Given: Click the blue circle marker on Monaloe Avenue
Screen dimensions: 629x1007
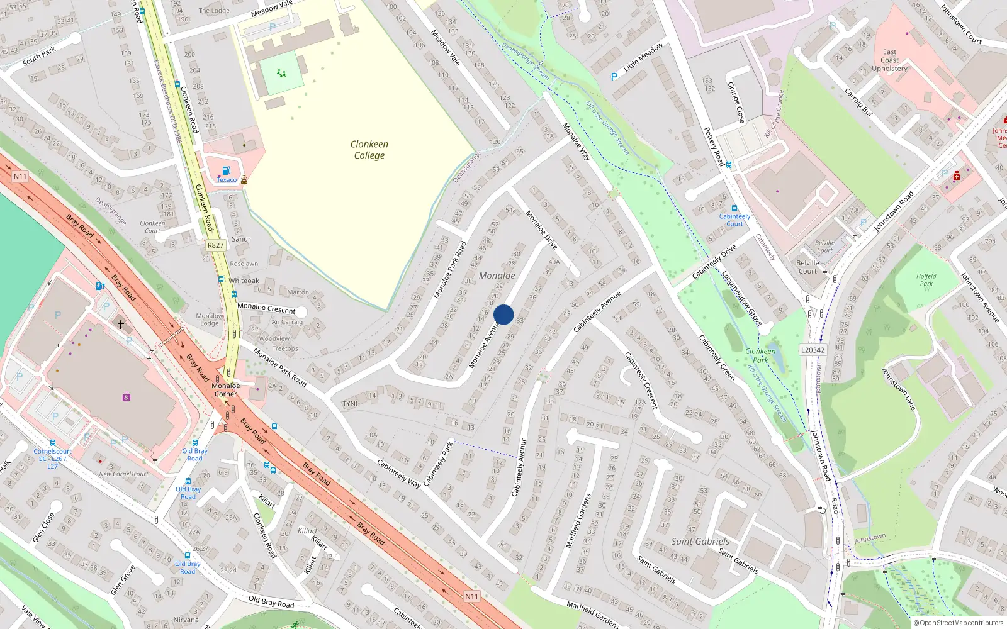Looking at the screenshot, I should [503, 314].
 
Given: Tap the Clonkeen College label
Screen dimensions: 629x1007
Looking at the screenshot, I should [369, 150].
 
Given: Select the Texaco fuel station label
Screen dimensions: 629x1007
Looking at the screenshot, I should [227, 180].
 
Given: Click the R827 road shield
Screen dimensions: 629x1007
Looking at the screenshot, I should [215, 245].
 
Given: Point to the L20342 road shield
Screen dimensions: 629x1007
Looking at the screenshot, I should [813, 350].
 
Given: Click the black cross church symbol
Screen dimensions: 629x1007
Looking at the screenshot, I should [121, 325].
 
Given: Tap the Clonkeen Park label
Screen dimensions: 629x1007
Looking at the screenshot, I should [760, 355].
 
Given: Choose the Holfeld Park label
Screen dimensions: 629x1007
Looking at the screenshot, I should [926, 280].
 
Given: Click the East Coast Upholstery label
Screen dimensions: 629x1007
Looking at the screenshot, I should [889, 60].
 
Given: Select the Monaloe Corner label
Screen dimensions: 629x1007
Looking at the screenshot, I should [225, 390].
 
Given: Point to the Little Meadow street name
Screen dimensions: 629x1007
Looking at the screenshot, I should [643, 57].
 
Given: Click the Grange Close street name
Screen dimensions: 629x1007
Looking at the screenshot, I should [736, 102].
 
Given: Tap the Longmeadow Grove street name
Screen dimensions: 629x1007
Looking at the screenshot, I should [741, 299].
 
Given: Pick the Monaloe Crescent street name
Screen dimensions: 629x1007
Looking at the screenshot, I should [266, 308].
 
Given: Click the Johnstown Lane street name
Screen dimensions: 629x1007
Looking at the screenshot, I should [898, 389].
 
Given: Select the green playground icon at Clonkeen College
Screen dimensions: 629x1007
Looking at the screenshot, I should [281, 74].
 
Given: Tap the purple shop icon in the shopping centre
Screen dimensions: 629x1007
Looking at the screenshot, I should [127, 396].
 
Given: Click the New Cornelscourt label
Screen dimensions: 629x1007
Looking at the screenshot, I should [123, 474].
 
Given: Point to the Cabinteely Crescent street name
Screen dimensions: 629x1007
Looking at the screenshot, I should [641, 381].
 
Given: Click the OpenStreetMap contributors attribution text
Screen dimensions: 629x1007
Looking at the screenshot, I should [959, 623].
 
